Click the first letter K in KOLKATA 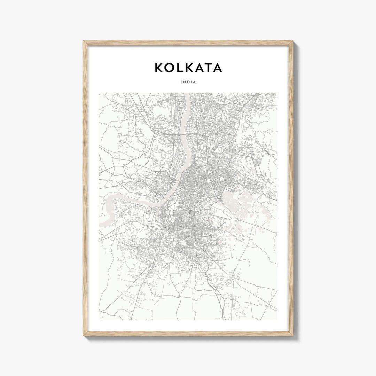click(x=158, y=68)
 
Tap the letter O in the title click(x=169, y=68)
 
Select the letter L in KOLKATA click(x=179, y=68)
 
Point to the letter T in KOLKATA click(x=208, y=68)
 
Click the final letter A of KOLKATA click(x=217, y=68)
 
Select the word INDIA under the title click(x=188, y=82)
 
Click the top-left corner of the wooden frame click(x=84, y=41)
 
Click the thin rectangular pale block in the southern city click(x=184, y=230)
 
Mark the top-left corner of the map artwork click(x=99, y=93)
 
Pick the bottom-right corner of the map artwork click(x=277, y=320)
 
